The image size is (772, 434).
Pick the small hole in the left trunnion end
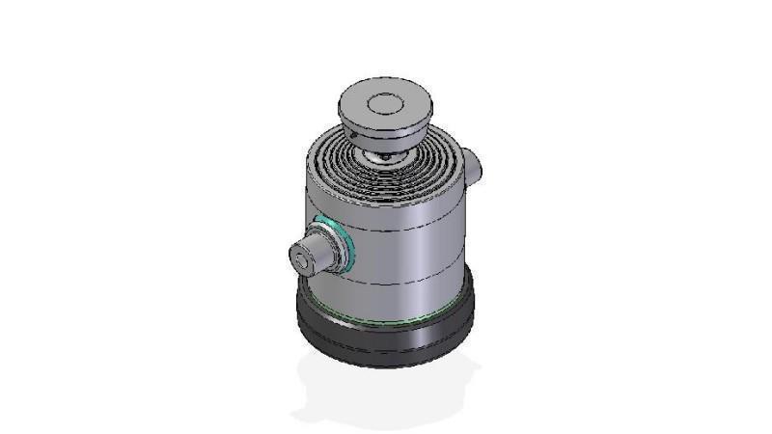click(305, 258)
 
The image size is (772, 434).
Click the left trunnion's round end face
click(306, 258)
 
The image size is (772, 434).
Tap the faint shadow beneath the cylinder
click(386, 391)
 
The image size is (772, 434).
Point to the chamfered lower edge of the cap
click(384, 136)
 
